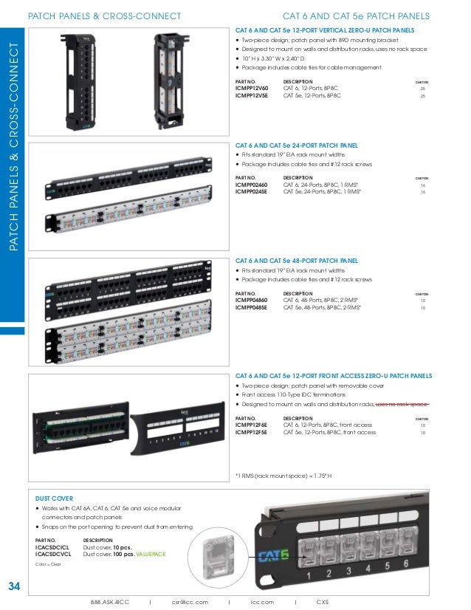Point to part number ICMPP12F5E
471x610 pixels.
point(251,432)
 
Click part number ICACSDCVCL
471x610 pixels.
point(53,553)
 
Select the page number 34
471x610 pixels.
point(13,587)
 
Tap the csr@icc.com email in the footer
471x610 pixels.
point(190,602)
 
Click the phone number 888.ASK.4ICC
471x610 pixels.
point(110,602)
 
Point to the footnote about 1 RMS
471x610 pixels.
point(283,475)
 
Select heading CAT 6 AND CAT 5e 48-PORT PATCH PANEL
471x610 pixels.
point(296,261)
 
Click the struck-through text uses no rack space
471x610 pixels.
point(402,405)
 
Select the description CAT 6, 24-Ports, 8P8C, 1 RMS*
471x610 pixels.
point(322,185)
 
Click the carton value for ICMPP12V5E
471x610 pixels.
point(422,95)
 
